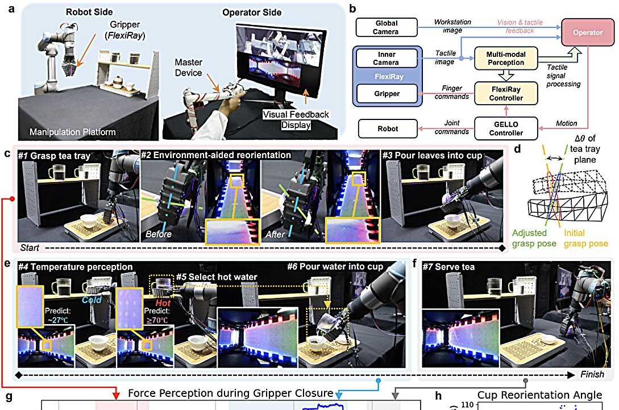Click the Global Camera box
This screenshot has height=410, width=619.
click(387, 27)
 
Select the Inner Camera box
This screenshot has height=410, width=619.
click(387, 59)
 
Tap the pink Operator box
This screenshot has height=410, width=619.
click(588, 33)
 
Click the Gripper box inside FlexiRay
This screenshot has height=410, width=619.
click(387, 94)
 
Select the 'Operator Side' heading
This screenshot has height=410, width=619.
click(251, 13)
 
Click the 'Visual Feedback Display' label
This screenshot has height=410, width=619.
click(296, 119)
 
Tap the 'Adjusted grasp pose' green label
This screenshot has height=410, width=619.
click(531, 238)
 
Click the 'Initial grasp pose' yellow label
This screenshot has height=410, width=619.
click(586, 238)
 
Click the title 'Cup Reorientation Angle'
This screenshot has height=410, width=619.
click(539, 395)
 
